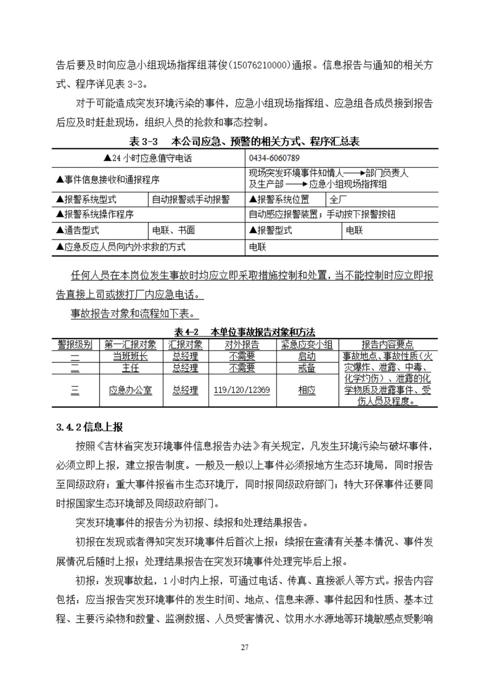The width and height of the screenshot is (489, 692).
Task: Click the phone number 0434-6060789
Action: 275,158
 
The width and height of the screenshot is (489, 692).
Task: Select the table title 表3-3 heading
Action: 244,141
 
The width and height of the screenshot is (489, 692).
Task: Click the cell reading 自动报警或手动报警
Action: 191,199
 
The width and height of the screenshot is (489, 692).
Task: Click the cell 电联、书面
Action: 173,230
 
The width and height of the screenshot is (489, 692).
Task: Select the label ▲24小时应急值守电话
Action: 147,158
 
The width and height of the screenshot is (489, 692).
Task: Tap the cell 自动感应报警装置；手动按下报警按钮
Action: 322,215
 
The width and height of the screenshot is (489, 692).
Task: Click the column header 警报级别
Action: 75,344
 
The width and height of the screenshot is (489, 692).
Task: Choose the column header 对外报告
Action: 242,344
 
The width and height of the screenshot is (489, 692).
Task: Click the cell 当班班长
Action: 131,356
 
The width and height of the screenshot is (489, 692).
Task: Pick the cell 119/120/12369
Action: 242,390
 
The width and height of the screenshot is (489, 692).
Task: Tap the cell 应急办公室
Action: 131,390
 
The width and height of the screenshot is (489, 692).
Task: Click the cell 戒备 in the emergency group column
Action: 307,368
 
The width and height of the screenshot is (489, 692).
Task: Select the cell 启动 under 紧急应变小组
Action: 307,356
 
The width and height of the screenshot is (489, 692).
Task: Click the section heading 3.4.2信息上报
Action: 89,427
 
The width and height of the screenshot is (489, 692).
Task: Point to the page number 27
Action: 245,647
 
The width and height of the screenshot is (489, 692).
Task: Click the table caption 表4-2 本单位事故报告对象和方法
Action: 244,332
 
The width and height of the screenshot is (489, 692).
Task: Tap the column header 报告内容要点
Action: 387,344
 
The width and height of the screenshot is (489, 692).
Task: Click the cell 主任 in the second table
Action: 131,368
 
